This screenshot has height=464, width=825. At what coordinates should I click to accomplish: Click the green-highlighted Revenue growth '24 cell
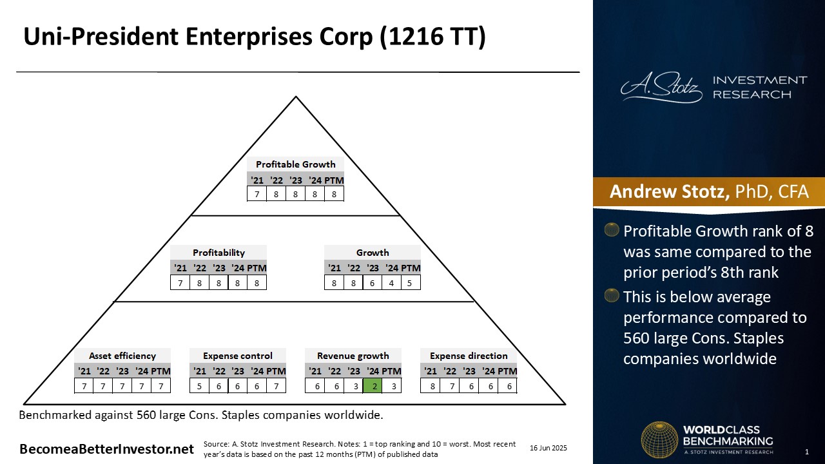point(373,386)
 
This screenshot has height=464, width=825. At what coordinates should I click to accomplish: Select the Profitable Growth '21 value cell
point(257,194)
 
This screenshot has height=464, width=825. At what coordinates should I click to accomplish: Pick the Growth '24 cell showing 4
point(391,283)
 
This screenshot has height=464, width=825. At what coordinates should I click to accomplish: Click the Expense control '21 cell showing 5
point(199,386)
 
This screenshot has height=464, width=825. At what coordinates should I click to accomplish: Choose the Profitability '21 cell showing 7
point(180,283)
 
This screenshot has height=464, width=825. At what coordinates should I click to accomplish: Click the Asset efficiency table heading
point(122,356)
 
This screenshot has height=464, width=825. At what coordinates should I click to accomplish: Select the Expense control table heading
point(238,356)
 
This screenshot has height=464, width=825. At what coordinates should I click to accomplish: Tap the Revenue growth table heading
point(353,356)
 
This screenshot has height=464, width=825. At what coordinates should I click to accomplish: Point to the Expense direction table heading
point(469,356)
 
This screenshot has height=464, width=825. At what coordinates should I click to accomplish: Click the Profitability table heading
point(218,253)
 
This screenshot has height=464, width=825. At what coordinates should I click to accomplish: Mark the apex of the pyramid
point(296,97)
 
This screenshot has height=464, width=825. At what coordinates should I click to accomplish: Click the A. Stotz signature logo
point(661,87)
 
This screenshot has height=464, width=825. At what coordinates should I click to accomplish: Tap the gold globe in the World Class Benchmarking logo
point(659,440)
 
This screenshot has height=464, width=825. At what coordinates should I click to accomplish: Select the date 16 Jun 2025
point(548,448)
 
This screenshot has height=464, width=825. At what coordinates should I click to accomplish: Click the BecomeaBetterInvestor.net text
point(106,449)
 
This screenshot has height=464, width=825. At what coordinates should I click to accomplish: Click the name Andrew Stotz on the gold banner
point(669,191)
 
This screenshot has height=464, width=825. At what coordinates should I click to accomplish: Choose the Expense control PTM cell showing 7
point(277,386)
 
